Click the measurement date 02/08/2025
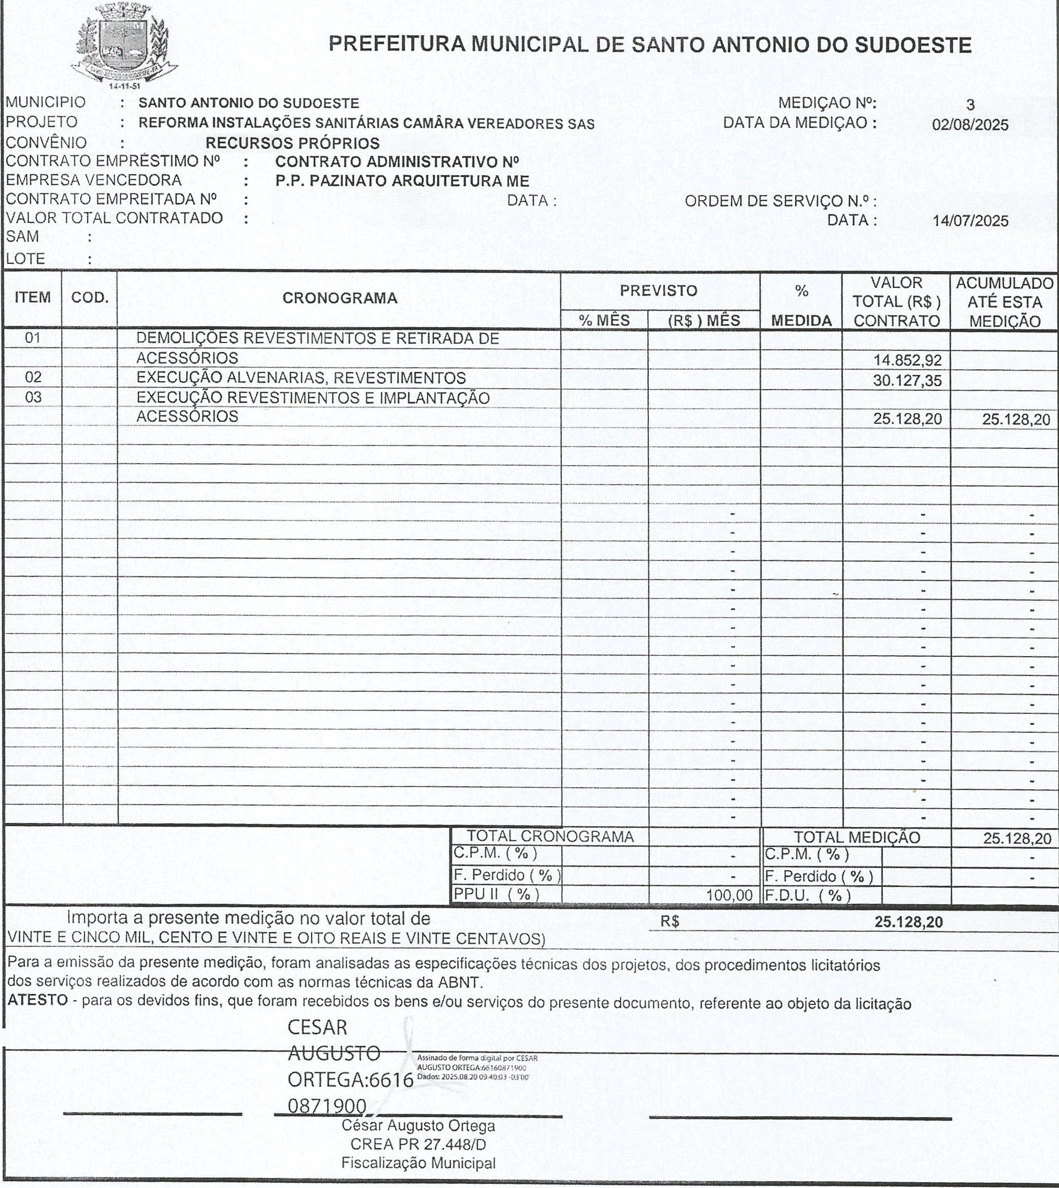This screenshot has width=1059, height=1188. click(970, 125)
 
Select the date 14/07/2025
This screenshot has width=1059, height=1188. click(970, 221)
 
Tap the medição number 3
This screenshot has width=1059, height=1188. click(970, 105)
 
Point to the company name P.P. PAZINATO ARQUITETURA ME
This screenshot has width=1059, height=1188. click(402, 180)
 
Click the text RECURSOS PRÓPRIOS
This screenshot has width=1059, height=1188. click(292, 143)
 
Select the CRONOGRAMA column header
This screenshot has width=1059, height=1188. click(340, 298)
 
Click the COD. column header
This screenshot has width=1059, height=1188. click(90, 298)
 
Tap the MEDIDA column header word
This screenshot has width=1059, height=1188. click(801, 320)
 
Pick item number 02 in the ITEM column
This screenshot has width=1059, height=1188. click(33, 377)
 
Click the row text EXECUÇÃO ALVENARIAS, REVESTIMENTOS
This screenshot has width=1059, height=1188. click(301, 378)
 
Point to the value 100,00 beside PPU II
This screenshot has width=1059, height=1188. click(729, 895)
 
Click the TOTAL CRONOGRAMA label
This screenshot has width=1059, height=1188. click(550, 837)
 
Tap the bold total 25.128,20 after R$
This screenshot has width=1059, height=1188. click(908, 922)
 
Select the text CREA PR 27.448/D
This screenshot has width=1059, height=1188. click(419, 1144)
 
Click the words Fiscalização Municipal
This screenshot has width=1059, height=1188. click(419, 1163)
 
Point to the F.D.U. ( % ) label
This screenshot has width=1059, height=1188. click(808, 895)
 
